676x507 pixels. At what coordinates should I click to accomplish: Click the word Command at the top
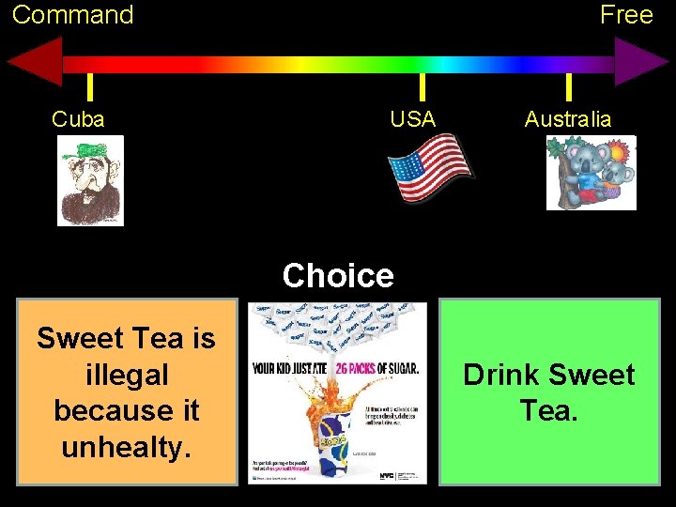pyautogui.click(x=72, y=15)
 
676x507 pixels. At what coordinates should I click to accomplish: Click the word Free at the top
pyautogui.click(x=626, y=15)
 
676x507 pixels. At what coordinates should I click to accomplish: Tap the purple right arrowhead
pyautogui.click(x=641, y=64)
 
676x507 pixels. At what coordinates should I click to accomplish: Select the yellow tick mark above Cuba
pyautogui.click(x=89, y=86)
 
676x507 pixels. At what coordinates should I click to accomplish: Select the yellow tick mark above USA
pyautogui.click(x=422, y=86)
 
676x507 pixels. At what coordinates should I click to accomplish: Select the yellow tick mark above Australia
pyautogui.click(x=569, y=86)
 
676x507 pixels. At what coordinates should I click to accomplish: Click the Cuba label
pyautogui.click(x=78, y=119)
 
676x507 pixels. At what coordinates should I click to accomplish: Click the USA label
pyautogui.click(x=413, y=119)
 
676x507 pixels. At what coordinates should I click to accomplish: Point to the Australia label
pyautogui.click(x=568, y=119)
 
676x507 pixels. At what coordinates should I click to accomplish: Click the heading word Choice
pyautogui.click(x=338, y=276)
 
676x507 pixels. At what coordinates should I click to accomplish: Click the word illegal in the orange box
pyautogui.click(x=126, y=375)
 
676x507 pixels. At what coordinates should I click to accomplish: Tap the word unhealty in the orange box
pyautogui.click(x=126, y=448)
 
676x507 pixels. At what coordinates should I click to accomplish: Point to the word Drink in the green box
pyautogui.click(x=502, y=376)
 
